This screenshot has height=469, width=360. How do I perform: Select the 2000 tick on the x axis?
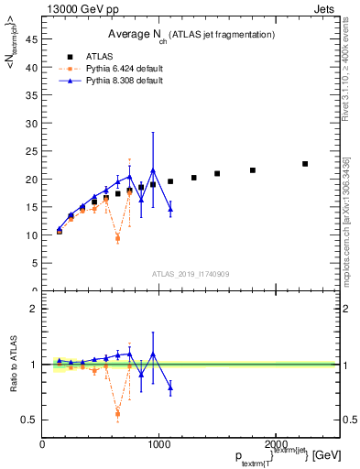[276, 445]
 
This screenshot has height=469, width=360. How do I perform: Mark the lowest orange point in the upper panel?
[118, 238]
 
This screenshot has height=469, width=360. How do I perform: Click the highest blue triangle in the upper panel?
[153, 170]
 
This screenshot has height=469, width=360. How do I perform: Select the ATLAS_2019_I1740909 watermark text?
[190, 273]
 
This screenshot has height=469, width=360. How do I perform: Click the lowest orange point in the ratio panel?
[118, 413]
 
